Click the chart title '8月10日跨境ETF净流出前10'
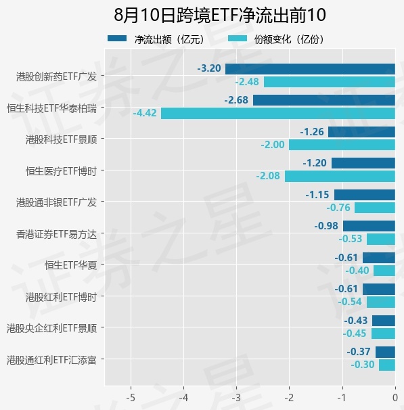coord(220,15)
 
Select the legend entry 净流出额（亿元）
coord(156,39)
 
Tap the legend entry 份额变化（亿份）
coord(276,39)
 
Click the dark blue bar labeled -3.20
coord(310,69)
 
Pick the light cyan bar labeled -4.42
coord(278,114)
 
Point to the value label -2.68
coord(236,100)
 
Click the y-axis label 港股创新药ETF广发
coord(56,76)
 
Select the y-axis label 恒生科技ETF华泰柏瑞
coord(52,108)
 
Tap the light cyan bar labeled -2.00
coord(342,145)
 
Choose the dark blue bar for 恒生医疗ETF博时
coord(363,163)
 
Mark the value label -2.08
coord(268,176)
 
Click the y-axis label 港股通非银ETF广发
coord(56,202)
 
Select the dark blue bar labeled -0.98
coord(369,226)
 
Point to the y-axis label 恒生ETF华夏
coord(71,265)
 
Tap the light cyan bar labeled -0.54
coord(381,302)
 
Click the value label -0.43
coord(356,320)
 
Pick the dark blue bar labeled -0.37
coord(385,352)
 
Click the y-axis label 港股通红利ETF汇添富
coord(52,360)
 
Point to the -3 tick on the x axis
coord(236,398)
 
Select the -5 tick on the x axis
coord(131,398)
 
